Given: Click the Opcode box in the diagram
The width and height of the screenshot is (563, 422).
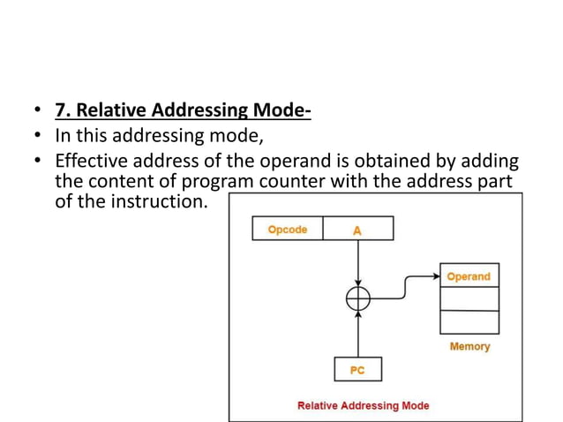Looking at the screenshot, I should click(288, 230).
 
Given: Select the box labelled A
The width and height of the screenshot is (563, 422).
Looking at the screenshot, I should click(357, 230).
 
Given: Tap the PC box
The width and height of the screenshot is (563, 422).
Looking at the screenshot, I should click(357, 370).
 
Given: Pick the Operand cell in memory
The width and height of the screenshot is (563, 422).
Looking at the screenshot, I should click(469, 276).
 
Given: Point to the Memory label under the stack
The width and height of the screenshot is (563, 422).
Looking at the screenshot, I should click(469, 347).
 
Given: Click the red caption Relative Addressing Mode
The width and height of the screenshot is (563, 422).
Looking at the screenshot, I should click(364, 406).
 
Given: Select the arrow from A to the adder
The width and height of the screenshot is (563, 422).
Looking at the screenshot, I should click(357, 263).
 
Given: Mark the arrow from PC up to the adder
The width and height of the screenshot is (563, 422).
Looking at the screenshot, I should click(357, 334).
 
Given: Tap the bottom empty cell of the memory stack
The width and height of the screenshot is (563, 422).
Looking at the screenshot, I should click(469, 322).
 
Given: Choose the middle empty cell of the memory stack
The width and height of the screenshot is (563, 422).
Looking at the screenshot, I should click(469, 300).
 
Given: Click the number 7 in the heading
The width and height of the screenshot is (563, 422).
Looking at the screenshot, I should click(59, 111).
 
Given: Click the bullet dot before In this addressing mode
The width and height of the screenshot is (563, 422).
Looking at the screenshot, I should click(35, 137).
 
